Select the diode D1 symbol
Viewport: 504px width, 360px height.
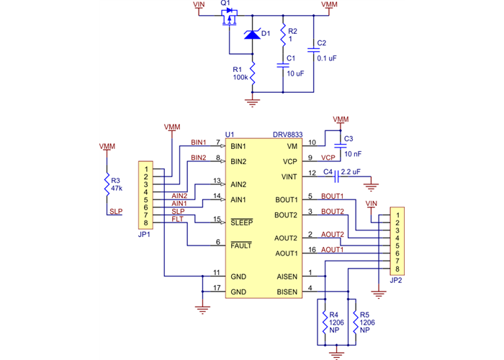point(252,34)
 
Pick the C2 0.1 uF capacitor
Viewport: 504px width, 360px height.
point(312,50)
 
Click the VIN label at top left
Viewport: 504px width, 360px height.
point(199,4)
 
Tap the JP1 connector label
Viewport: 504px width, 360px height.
point(144,235)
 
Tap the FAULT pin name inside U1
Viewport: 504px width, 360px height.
point(241,246)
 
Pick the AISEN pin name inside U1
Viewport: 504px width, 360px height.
point(287,276)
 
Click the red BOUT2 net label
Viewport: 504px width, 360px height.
point(332,211)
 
